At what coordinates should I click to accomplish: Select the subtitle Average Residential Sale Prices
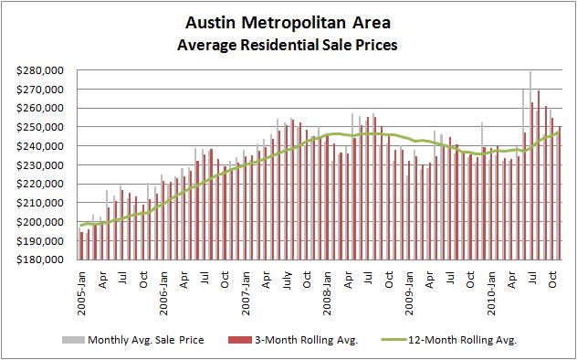(x=288, y=42)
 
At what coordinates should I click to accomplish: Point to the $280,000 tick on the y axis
(x=40, y=70)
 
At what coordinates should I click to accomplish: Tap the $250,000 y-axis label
(x=40, y=127)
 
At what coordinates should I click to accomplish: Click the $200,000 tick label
(x=40, y=222)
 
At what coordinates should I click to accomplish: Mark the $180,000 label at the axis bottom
(x=40, y=259)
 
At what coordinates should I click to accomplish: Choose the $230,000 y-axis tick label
(x=40, y=165)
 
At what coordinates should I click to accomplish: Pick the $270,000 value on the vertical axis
(x=40, y=90)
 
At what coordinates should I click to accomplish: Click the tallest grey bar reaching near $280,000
(x=530, y=164)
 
